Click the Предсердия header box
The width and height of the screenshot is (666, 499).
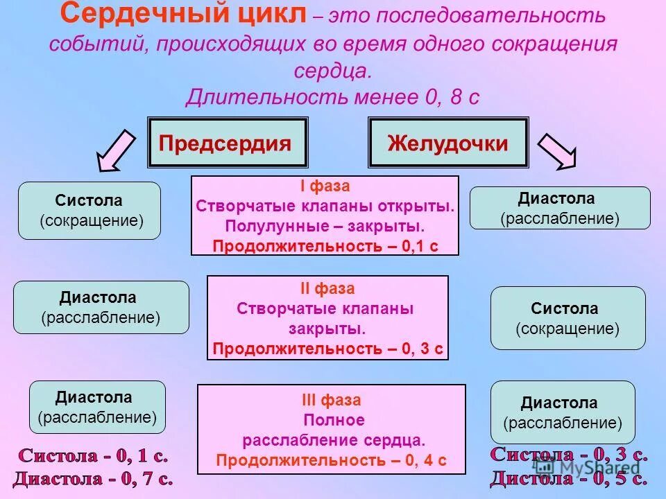click(227, 143)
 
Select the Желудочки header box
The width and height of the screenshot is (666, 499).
click(447, 143)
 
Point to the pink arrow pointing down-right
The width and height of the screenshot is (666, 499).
click(557, 150)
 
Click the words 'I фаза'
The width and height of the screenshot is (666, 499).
click(325, 186)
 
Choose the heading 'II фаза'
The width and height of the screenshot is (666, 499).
click(327, 288)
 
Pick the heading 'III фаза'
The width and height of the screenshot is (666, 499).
click(331, 400)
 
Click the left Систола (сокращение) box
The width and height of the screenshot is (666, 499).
click(89, 211)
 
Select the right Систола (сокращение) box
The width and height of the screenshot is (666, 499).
click(567, 318)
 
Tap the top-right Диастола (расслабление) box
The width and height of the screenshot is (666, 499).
click(560, 208)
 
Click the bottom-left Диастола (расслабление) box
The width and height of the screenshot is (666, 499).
click(97, 408)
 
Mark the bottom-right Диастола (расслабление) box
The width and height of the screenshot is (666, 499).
click(563, 412)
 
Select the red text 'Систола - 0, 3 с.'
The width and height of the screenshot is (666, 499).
click(569, 455)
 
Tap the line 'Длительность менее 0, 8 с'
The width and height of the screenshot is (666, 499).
click(332, 96)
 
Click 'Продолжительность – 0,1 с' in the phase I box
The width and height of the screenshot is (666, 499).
click(325, 246)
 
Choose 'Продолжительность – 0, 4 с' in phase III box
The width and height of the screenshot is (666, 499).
click(330, 460)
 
